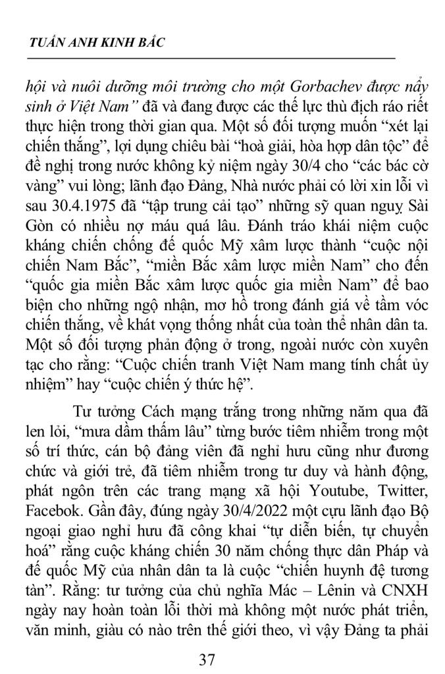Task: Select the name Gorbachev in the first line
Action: tap(316, 86)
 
